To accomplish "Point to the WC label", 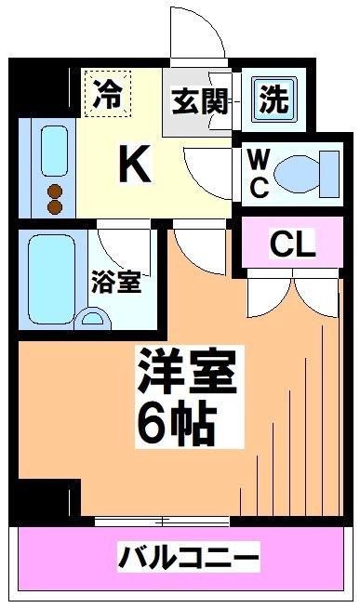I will pyautogui.click(x=259, y=172).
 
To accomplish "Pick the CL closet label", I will pyautogui.click(x=293, y=244).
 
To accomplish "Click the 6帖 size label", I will pyautogui.click(x=177, y=425).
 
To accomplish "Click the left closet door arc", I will pyautogui.click(x=270, y=296).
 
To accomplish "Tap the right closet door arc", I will pyautogui.click(x=313, y=296).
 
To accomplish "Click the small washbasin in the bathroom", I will pyautogui.click(x=93, y=318).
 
